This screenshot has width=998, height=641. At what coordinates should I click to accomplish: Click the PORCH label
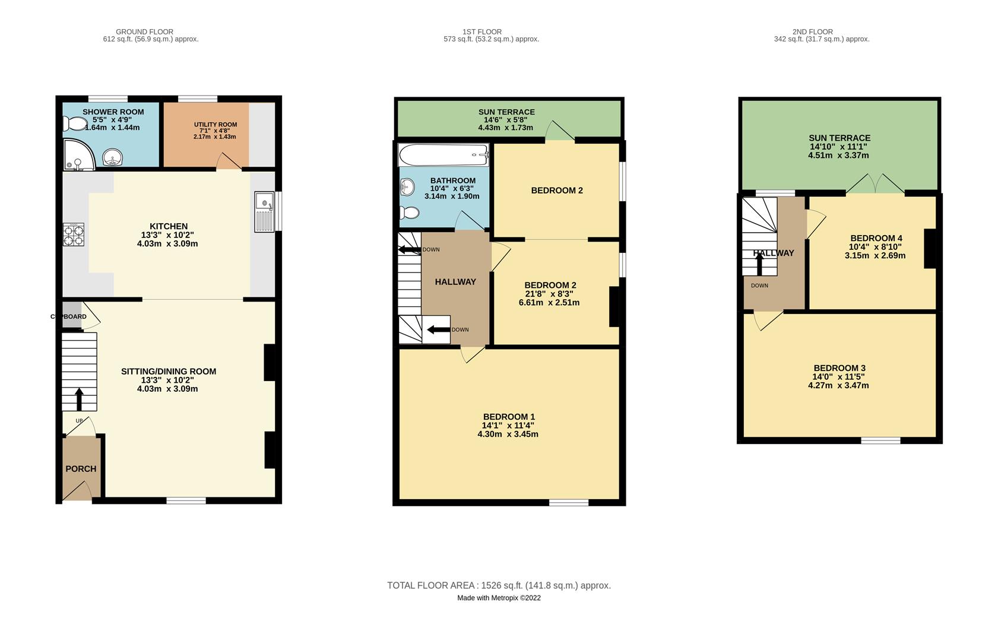81,469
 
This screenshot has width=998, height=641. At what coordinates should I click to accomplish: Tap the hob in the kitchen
74,234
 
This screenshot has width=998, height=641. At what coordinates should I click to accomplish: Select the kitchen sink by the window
264,211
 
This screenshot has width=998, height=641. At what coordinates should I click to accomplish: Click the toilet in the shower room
75,123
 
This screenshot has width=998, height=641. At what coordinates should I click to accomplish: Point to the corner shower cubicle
78,154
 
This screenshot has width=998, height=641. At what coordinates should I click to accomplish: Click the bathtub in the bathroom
443,154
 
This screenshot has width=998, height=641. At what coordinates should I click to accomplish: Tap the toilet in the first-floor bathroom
410,213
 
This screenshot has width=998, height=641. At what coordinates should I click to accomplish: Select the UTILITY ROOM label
216,125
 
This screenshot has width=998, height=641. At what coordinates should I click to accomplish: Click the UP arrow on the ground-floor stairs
80,399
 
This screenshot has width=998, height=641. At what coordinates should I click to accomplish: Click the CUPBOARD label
69,317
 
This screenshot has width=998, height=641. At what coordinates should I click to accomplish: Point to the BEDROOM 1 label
509,417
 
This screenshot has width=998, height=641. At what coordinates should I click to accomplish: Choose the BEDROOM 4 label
876,238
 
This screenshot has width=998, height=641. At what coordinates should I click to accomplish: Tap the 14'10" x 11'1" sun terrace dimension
838,147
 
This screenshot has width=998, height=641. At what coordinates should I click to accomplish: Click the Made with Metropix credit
499,598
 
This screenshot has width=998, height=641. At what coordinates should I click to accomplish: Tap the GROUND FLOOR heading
145,31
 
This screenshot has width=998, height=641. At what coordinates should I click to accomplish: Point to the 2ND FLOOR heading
813,31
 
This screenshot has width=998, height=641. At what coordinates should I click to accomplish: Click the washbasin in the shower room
112,157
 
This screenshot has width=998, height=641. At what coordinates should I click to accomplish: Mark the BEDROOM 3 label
839,368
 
